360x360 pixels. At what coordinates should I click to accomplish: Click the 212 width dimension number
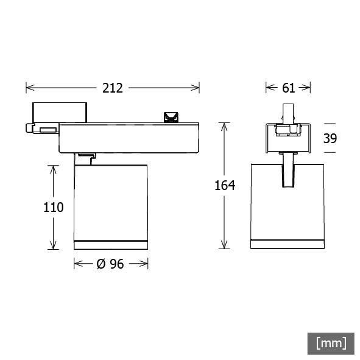[x=112, y=88]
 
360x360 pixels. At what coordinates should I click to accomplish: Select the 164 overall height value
[x=224, y=186]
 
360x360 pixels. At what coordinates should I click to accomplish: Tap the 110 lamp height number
[x=53, y=207]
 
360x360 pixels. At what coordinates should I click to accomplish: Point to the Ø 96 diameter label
[x=110, y=264]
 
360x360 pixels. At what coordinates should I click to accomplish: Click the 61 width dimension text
[x=289, y=88]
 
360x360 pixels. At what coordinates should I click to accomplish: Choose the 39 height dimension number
[x=330, y=138]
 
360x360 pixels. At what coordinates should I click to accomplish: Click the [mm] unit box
[x=331, y=342]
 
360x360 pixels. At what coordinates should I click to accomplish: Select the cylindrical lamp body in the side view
[x=110, y=201]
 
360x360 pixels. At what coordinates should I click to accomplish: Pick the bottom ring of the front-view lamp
[x=287, y=244]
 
